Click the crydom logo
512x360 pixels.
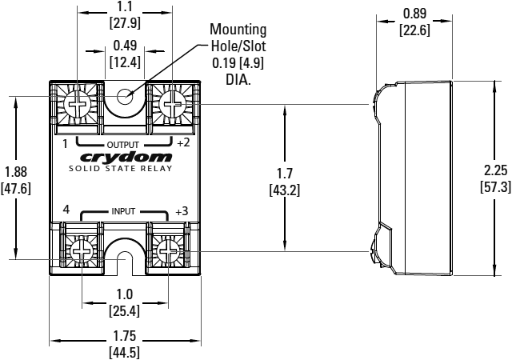click(126, 158)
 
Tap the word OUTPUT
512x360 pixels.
click(122, 145)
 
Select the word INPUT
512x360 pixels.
click(123, 211)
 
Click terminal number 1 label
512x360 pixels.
click(66, 144)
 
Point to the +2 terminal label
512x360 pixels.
click(183, 142)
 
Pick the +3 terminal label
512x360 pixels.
click(182, 211)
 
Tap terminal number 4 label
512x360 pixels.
click(66, 210)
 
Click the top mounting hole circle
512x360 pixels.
click(125, 97)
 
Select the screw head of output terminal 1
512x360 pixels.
click(77, 105)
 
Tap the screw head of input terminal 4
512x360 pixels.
click(82, 251)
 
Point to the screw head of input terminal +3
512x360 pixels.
click(168, 251)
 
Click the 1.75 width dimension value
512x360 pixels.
click(125, 336)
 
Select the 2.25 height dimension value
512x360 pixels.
click(496, 170)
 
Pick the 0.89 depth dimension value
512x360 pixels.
click(414, 14)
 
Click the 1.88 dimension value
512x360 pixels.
click(16, 172)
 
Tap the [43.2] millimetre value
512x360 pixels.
click(285, 190)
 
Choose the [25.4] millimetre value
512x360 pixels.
click(125, 311)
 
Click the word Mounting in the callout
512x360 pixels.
click(238, 29)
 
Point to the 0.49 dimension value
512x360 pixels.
click(125, 46)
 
